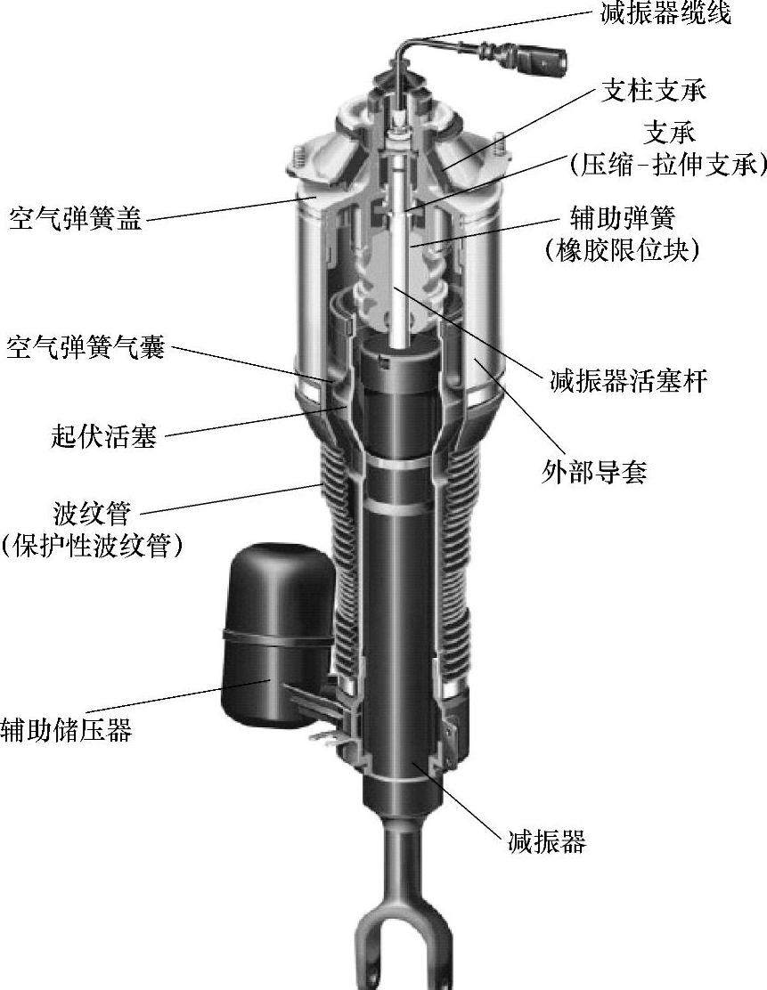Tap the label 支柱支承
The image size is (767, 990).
(654, 91)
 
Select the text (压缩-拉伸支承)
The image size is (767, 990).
(667, 164)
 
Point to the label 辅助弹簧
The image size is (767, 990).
(623, 218)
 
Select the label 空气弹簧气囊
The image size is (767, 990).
(86, 347)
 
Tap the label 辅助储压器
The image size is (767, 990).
(66, 730)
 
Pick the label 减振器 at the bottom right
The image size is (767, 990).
(547, 840)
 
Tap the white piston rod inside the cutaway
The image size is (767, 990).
(405, 267)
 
